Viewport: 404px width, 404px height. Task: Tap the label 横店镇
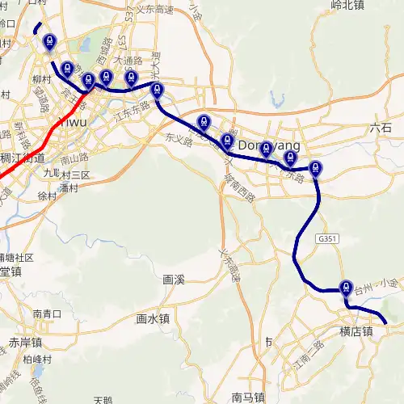tap(356, 331)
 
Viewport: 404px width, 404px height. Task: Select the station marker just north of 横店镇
tap(347, 287)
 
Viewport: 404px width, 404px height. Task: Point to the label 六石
tap(380, 128)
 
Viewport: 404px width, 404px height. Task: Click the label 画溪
tap(174, 280)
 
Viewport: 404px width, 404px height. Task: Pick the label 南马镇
tap(248, 397)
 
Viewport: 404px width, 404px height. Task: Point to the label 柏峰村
tap(38, 359)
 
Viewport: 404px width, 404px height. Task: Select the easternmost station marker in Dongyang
tap(316, 169)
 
